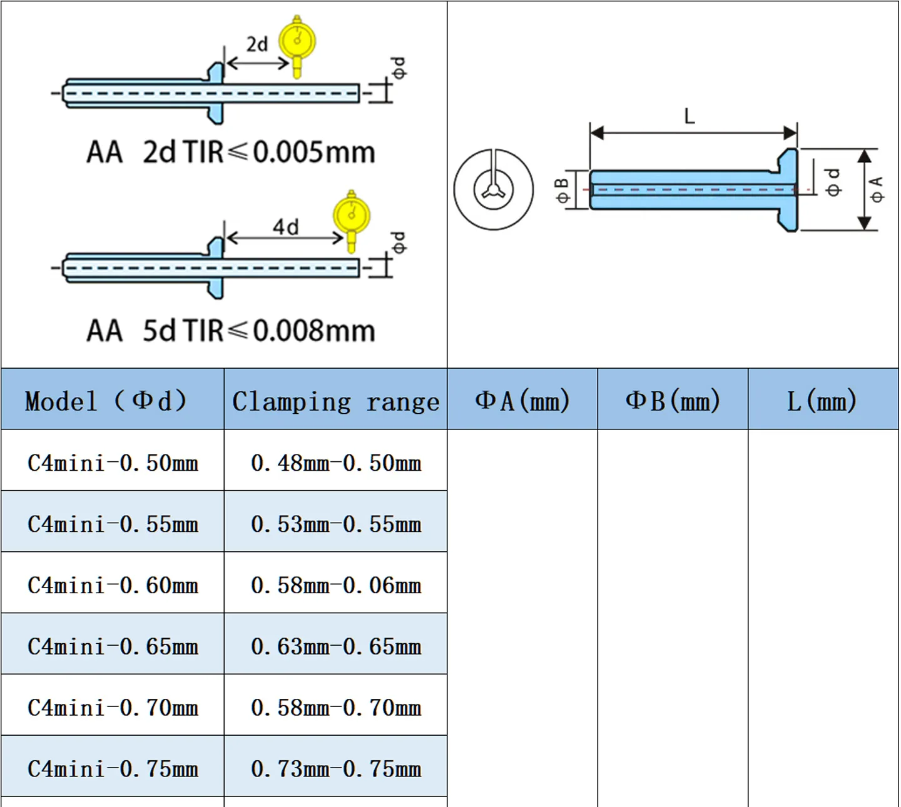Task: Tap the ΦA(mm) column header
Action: point(522,401)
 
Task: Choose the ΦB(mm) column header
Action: point(673,401)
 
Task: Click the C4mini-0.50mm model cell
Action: point(113,463)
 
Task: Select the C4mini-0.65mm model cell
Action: point(113,646)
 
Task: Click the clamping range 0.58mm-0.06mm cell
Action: point(336,586)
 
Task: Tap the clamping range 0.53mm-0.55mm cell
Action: point(336,524)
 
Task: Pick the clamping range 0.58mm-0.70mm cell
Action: point(336,708)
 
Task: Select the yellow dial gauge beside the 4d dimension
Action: point(352,221)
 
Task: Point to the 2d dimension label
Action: point(258,44)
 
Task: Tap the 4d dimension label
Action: point(285,227)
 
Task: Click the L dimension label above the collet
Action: point(690,116)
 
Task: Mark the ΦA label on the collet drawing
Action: point(877,189)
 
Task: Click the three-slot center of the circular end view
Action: point(494,190)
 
